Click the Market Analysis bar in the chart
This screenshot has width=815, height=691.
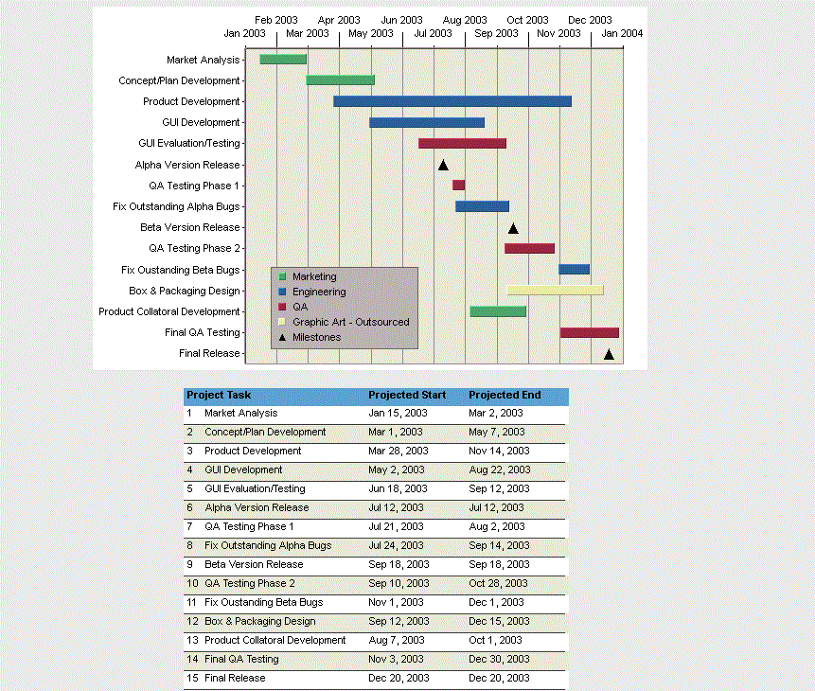[283, 60]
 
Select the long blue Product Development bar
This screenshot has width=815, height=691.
[452, 101]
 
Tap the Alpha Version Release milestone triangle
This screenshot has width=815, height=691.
[442, 165]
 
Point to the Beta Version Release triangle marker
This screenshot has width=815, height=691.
[513, 228]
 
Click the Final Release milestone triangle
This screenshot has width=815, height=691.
[609, 354]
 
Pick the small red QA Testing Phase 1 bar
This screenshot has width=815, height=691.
[458, 186]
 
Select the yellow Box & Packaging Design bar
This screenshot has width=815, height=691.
[555, 290]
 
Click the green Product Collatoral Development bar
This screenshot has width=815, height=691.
[498, 311]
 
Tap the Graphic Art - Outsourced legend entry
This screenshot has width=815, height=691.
[350, 322]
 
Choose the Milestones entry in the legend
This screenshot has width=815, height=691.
[316, 337]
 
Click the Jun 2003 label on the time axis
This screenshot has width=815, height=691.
[401, 20]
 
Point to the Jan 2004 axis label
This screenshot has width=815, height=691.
[622, 33]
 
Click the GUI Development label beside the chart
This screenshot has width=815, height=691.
[201, 122]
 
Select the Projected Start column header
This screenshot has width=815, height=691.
[407, 395]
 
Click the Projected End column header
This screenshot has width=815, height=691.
[505, 395]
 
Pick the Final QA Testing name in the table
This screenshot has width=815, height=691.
[241, 659]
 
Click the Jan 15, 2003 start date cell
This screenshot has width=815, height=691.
[396, 413]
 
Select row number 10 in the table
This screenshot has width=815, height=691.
[192, 583]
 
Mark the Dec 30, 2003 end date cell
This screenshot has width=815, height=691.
[499, 659]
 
